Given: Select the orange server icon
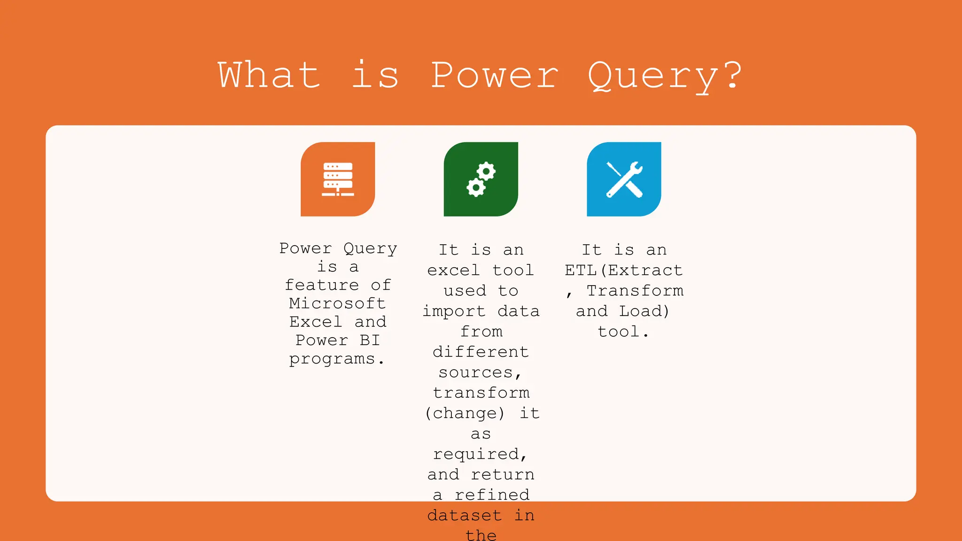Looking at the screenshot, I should (338, 179).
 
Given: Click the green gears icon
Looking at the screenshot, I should (481, 179).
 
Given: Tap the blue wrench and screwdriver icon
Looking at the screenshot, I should (624, 179).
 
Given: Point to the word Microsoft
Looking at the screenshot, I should (337, 303).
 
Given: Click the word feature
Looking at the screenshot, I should (322, 285).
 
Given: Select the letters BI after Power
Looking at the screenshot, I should (370, 340).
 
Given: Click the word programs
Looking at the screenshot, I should (332, 359).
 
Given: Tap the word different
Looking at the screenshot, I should (481, 352).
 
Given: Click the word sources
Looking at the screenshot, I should (476, 372).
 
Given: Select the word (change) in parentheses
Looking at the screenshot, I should (464, 413).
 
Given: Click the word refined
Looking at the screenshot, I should (492, 495).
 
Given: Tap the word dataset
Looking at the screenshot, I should (464, 516).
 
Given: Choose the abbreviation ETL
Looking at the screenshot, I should (581, 270).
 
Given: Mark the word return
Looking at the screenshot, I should (503, 475).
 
